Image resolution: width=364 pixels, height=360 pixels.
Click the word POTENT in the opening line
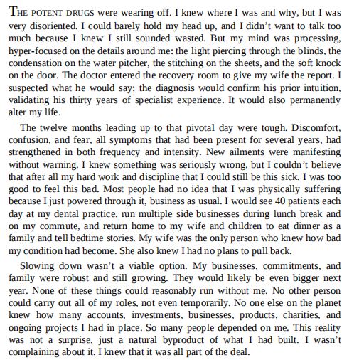41,12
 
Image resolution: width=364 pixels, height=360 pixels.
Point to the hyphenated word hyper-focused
36,53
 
